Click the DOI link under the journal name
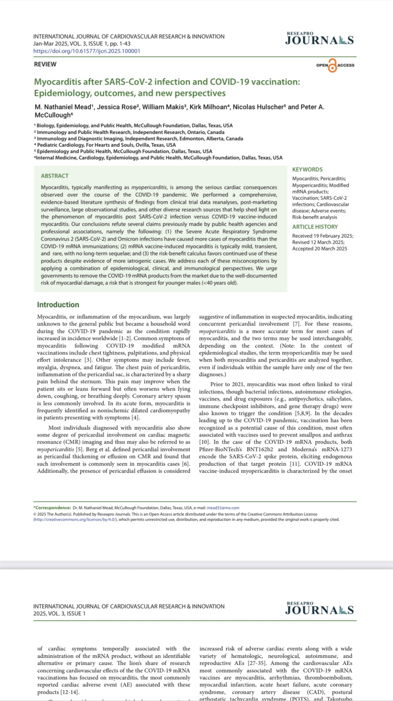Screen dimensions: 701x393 (87, 51)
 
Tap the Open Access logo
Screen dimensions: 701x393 (335, 65)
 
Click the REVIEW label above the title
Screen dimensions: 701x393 (45, 64)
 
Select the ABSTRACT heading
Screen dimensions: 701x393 (55, 176)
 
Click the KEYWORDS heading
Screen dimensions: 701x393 (307, 169)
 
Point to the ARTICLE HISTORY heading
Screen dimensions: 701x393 (315, 227)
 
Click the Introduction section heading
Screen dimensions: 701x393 (58, 304)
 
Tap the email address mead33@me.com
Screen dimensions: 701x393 (223, 508)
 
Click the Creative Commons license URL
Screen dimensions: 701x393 (75, 520)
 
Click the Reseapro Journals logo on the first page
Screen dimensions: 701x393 (319, 39)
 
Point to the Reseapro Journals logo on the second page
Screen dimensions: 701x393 (319, 609)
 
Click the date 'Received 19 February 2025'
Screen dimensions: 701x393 (322, 236)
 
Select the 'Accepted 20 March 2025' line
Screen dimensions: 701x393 (320, 249)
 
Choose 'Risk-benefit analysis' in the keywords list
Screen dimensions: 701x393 (314, 217)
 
